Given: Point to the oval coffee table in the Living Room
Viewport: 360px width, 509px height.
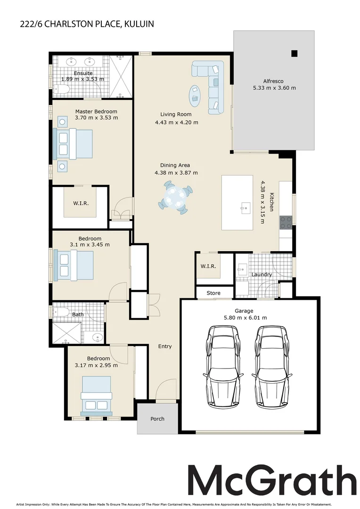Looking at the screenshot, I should pyautogui.click(x=194, y=96).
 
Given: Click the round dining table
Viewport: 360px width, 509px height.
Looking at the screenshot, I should pyautogui.click(x=176, y=197).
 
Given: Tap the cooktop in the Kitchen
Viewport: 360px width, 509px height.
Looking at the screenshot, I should pyautogui.click(x=286, y=222).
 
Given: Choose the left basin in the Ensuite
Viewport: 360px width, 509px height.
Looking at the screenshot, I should pyautogui.click(x=72, y=61).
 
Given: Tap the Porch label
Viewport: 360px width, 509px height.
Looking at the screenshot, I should pyautogui.click(x=157, y=419).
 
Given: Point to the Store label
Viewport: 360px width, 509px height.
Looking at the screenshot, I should pyautogui.click(x=213, y=293).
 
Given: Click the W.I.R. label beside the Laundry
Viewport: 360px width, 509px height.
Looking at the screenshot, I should pyautogui.click(x=208, y=266).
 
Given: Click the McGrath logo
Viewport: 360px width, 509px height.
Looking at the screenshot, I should pyautogui.click(x=272, y=481).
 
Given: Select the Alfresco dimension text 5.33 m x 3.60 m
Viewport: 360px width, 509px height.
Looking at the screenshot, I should pyautogui.click(x=274, y=88).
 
